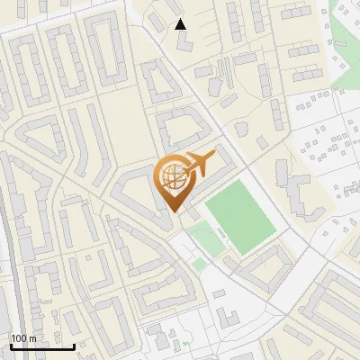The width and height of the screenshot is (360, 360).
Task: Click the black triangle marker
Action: pos(181,24)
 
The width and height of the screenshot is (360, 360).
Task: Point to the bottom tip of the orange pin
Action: pos(174,211)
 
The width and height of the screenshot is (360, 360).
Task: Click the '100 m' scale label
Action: pos(23,338)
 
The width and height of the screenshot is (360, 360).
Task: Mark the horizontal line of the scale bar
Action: pos(42,346)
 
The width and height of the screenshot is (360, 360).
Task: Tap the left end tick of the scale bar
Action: pos(11,344)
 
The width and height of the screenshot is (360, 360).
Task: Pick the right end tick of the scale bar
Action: pos(74,344)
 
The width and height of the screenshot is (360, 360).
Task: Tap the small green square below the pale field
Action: pos(199,264)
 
